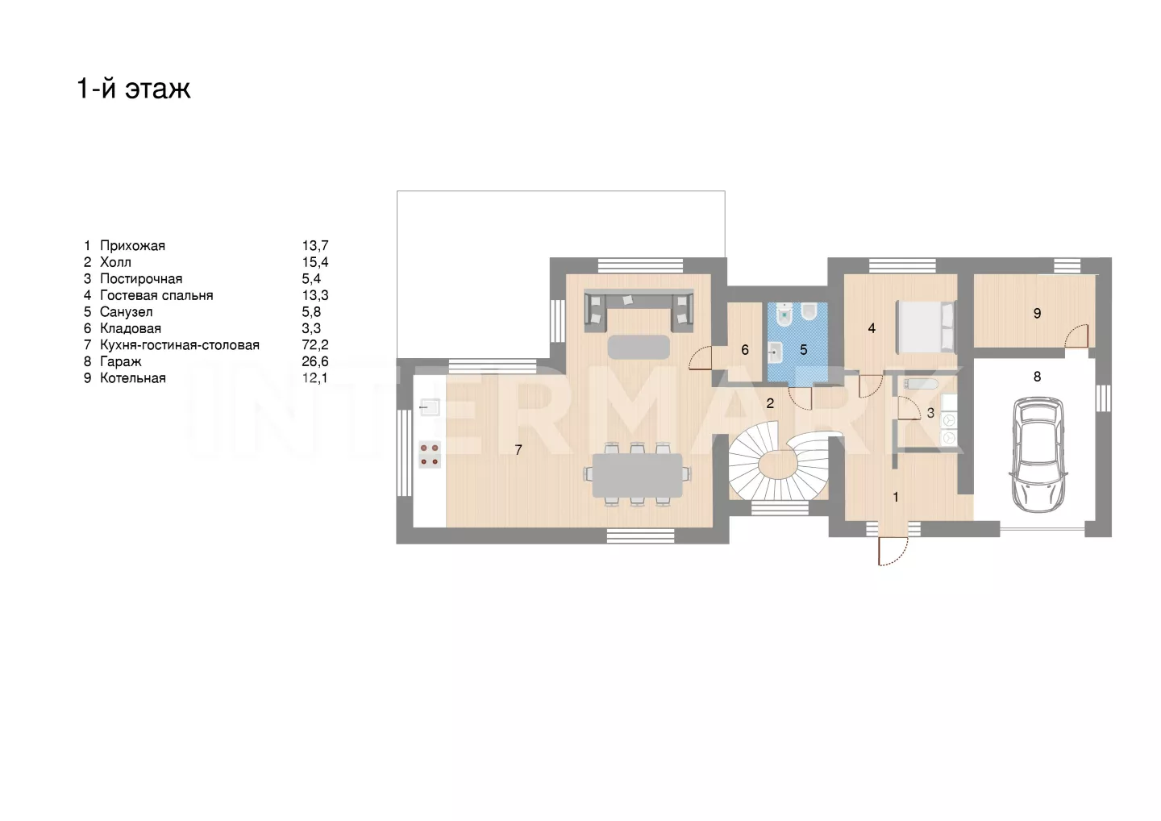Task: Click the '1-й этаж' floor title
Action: click(x=134, y=89)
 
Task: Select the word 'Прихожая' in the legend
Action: click(x=133, y=246)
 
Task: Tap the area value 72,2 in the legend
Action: click(x=315, y=344)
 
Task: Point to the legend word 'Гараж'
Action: click(x=121, y=362)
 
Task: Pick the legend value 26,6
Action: click(x=315, y=361)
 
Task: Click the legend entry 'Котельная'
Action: click(x=133, y=378)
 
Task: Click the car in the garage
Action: click(x=1038, y=455)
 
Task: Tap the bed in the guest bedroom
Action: click(x=926, y=327)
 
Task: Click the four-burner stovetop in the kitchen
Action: click(x=430, y=455)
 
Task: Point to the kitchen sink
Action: click(x=430, y=407)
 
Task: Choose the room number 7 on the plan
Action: click(x=518, y=450)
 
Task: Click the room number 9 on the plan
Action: click(x=1037, y=313)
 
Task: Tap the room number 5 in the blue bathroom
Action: click(x=803, y=350)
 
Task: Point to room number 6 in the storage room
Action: click(x=745, y=350)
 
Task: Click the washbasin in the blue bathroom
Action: click(x=775, y=352)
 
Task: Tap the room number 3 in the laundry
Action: click(x=930, y=413)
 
